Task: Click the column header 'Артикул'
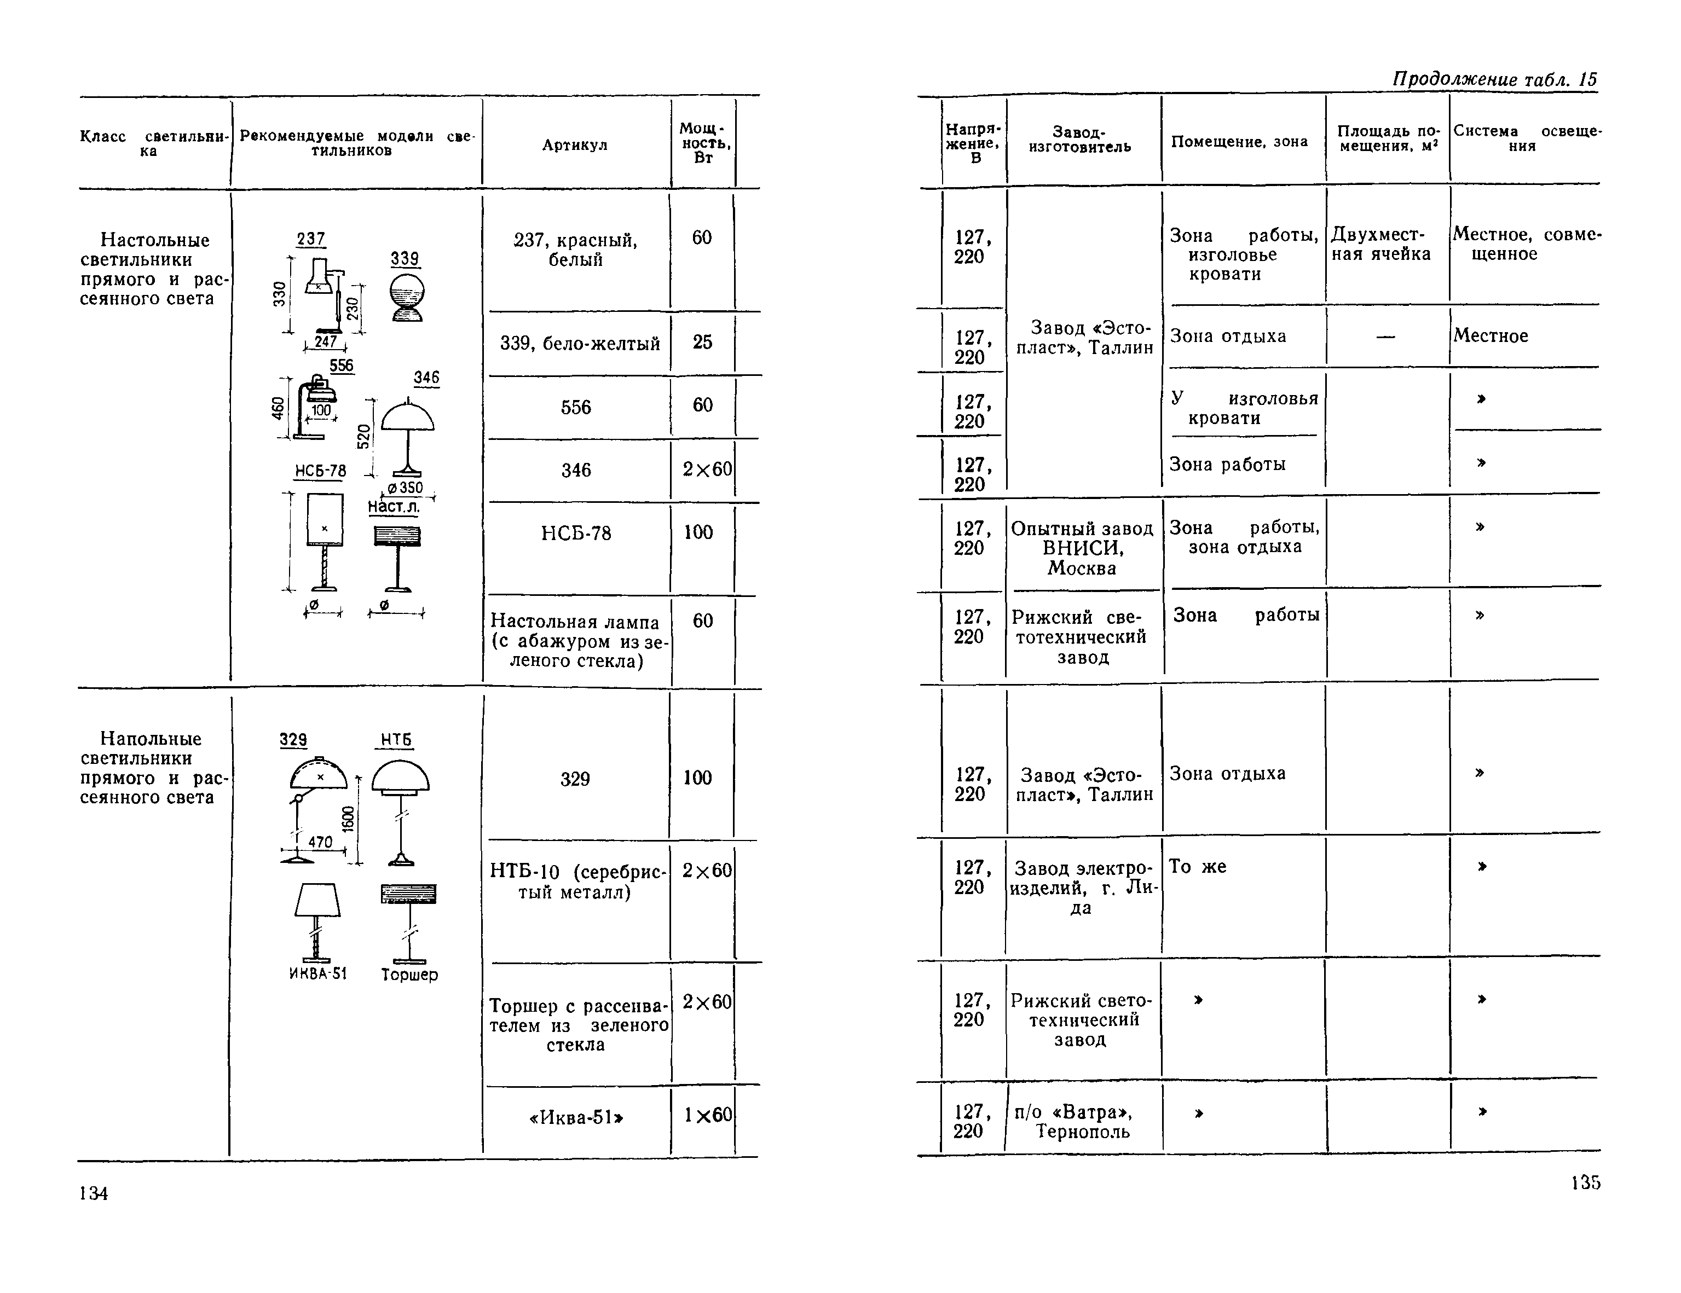tap(574, 144)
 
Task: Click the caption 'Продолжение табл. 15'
tap(1495, 79)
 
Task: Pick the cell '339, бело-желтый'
tap(580, 343)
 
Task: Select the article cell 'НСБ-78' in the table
tap(576, 532)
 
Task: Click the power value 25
tap(702, 342)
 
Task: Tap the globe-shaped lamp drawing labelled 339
tap(406, 298)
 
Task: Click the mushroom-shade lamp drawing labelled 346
tap(407, 435)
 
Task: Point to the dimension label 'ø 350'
tap(405, 488)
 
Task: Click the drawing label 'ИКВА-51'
tap(318, 973)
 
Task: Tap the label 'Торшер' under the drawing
tap(409, 975)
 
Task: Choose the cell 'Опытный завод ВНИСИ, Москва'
tap(1082, 548)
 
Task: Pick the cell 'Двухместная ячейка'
tap(1381, 244)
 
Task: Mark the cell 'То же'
tap(1197, 867)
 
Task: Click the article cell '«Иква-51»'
tap(576, 1117)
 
